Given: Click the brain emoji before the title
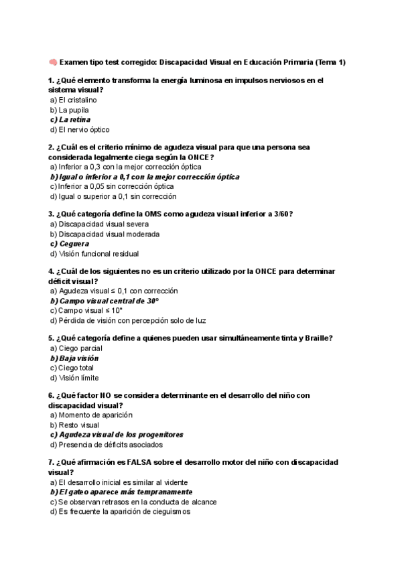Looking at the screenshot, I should coord(53,62).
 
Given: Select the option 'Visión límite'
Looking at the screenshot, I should coord(75,378).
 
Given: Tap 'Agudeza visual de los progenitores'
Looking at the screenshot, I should coord(116,435).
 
